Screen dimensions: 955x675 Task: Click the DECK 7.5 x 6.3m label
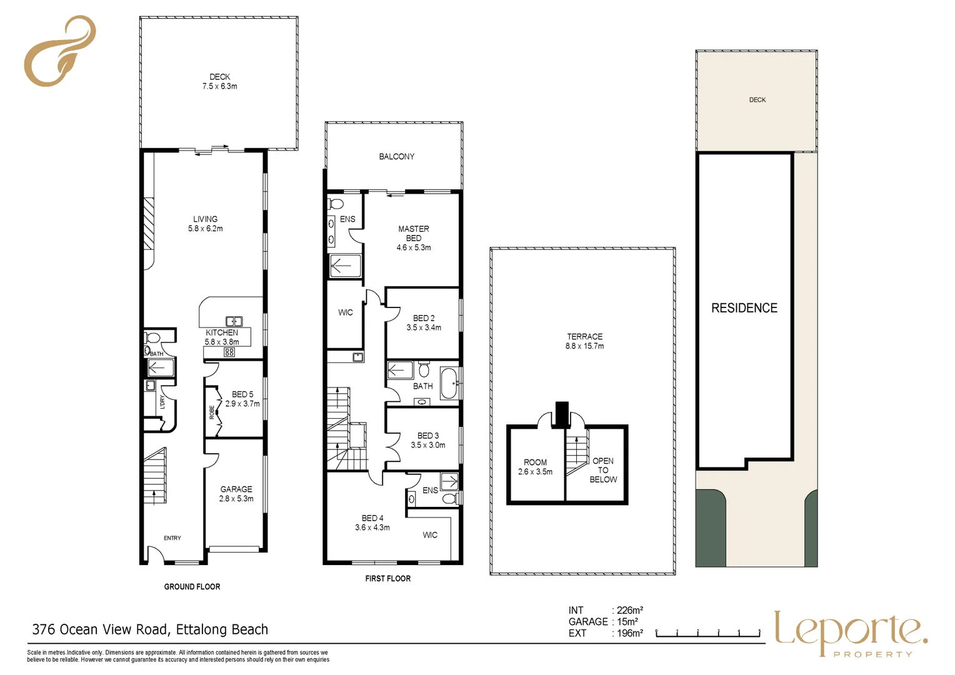point(219,81)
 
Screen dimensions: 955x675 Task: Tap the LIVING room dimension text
point(205,229)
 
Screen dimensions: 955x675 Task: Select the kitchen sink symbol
point(234,321)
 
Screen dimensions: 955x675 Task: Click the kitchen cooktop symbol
point(229,352)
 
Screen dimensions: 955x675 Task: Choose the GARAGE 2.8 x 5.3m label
point(236,494)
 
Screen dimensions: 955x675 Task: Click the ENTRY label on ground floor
point(172,538)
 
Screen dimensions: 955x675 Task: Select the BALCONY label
point(396,156)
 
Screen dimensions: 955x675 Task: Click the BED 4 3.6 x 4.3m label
point(372,522)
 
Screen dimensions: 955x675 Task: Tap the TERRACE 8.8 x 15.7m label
point(584,341)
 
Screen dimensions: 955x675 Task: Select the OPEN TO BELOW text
point(603,471)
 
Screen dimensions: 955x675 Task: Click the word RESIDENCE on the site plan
point(744,308)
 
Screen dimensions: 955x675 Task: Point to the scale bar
point(708,633)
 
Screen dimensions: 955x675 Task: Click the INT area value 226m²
point(630,611)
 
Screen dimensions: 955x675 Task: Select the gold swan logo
point(60,51)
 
